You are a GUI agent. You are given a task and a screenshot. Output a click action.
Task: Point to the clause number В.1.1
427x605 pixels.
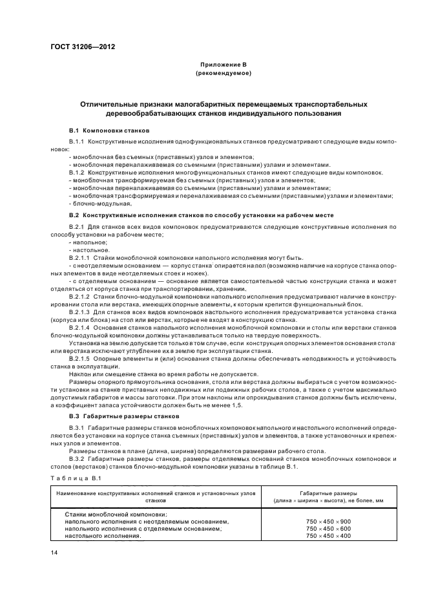coord(77,140)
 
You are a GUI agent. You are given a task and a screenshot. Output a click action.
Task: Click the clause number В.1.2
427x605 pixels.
coord(77,172)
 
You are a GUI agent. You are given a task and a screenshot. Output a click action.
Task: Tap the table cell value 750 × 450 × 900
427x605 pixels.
coord(328,521)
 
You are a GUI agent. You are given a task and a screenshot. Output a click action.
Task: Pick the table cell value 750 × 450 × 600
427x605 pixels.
coord(328,528)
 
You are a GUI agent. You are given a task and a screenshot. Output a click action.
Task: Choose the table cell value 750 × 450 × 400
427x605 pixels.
coord(328,535)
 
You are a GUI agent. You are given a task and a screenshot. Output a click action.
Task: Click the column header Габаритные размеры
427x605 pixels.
coord(328,493)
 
